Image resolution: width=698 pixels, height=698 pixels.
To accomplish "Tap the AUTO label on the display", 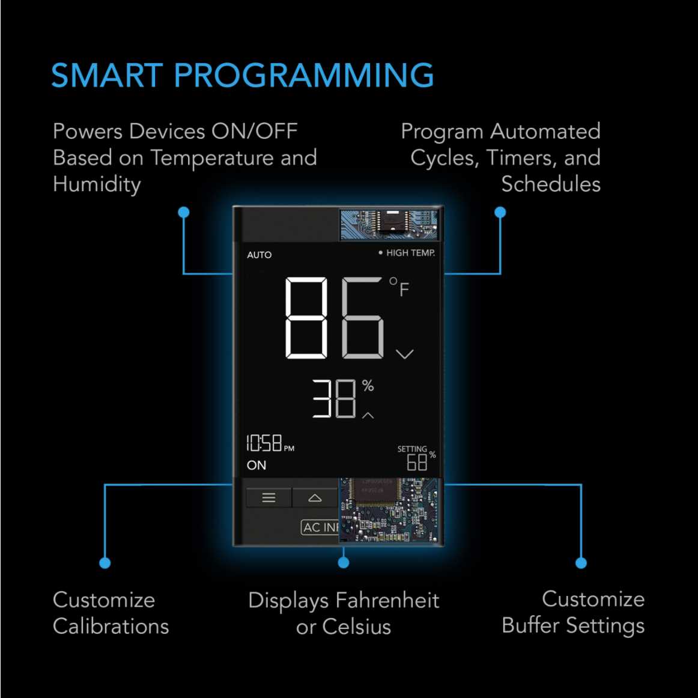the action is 259,255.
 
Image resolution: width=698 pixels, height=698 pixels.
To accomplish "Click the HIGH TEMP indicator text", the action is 410,253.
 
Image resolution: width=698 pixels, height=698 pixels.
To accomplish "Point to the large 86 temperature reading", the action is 334,318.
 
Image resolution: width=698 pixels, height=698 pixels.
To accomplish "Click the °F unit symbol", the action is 399,287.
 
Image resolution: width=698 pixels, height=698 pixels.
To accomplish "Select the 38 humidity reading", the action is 334,398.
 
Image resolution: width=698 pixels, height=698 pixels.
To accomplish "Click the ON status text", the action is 256,465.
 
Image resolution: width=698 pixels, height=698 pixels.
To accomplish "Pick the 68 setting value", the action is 417,463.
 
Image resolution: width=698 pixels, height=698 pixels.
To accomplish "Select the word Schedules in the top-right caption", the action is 551,184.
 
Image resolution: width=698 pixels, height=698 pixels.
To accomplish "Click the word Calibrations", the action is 111,626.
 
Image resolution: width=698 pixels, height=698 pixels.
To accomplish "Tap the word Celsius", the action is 357,627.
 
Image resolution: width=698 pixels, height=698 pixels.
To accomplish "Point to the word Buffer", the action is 530,625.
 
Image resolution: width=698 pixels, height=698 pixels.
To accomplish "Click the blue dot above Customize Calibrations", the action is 105,563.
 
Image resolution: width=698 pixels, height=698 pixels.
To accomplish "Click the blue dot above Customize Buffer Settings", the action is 581,563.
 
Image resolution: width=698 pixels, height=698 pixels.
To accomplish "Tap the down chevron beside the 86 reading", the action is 405,354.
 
